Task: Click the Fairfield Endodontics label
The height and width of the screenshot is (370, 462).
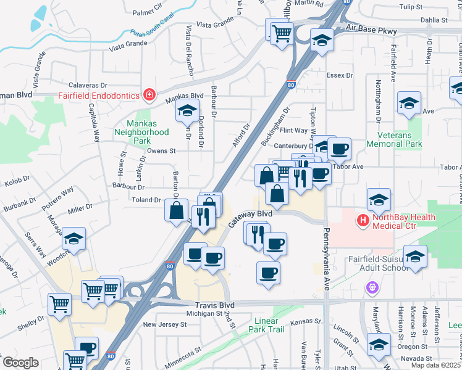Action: [99, 96]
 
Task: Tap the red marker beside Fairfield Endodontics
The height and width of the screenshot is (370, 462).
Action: [149, 94]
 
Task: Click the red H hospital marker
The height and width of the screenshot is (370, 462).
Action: [363, 220]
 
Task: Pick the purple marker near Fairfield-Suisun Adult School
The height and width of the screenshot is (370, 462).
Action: [372, 286]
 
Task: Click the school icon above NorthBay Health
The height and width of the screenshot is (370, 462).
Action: [379, 199]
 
